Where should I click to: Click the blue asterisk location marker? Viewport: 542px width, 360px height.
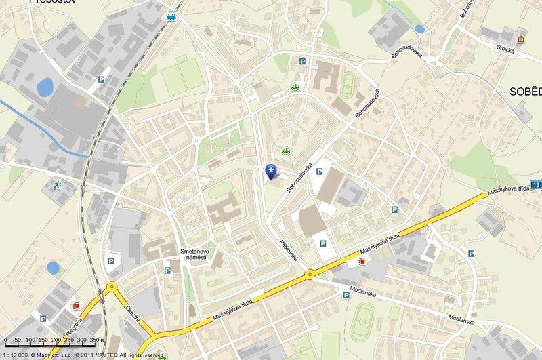pos(271,172)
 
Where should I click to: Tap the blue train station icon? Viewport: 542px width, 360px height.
pos(171,16)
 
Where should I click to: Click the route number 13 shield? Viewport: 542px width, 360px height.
pos(536,184)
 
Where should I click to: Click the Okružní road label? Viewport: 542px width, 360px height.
pos(133,317)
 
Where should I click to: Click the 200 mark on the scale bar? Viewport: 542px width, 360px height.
pos(58,340)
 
